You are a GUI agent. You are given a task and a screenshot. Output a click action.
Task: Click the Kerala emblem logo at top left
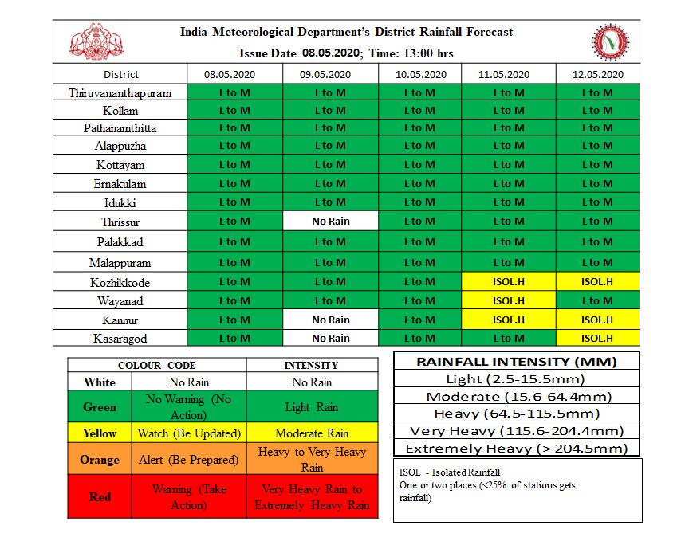tap(98, 41)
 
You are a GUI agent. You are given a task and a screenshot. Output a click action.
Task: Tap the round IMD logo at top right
tap(610, 41)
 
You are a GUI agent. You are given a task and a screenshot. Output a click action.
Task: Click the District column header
tap(120, 74)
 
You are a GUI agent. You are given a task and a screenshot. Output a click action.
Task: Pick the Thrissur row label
tap(120, 222)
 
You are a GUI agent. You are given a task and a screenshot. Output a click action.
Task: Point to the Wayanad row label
tap(120, 301)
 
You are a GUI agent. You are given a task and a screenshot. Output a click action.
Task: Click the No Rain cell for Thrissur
tap(330, 222)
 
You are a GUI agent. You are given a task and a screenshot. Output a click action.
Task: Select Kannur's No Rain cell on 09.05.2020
tap(330, 320)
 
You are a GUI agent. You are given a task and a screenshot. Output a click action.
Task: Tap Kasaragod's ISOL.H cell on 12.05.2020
tap(596, 338)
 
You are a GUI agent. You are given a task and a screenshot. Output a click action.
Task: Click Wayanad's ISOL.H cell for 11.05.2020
tap(508, 301)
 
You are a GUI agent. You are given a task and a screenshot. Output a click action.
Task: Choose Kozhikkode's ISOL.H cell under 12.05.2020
tap(596, 282)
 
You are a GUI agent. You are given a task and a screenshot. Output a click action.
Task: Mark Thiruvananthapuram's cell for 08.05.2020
tap(234, 92)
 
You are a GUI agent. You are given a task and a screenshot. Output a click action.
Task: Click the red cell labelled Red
tap(100, 496)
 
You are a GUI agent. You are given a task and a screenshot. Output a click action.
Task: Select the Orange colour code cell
tap(100, 460)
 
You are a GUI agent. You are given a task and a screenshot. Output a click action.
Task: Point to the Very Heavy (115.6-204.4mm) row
tap(517, 431)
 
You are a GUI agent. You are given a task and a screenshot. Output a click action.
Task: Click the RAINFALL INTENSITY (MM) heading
tap(517, 361)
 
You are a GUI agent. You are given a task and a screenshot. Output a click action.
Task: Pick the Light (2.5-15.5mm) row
tap(517, 378)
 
